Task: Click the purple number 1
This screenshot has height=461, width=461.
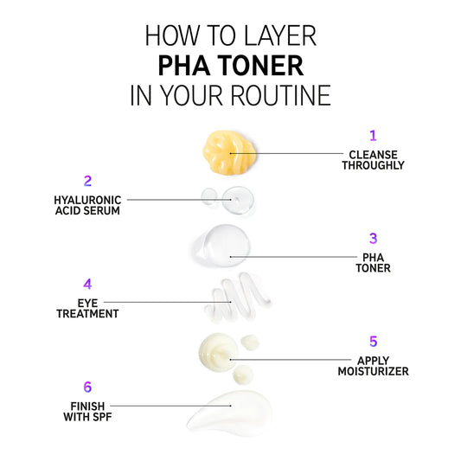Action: [x=373, y=136]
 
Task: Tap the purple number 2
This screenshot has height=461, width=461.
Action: [x=87, y=181]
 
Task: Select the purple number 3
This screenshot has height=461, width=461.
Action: [x=373, y=239]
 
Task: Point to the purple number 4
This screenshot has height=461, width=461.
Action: [x=87, y=284]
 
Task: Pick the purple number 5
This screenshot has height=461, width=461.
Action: [x=373, y=342]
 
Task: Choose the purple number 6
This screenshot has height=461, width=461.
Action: [x=87, y=387]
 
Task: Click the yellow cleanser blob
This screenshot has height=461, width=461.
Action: [x=229, y=152]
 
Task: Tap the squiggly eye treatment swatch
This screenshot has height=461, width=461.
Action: [x=238, y=297]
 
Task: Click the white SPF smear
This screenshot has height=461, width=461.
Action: [x=229, y=413]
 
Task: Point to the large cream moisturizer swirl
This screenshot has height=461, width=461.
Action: [x=219, y=350]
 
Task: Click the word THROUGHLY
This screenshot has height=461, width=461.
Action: [x=373, y=165]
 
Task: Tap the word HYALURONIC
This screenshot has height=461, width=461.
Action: [x=87, y=200]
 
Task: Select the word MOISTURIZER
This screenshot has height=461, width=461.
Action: [x=373, y=371]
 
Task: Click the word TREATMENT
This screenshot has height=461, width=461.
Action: [x=87, y=314]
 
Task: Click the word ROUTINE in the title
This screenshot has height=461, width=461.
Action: [x=280, y=95]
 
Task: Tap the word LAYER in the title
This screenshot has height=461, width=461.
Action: [x=279, y=35]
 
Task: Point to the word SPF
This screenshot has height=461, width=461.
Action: [x=101, y=417]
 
